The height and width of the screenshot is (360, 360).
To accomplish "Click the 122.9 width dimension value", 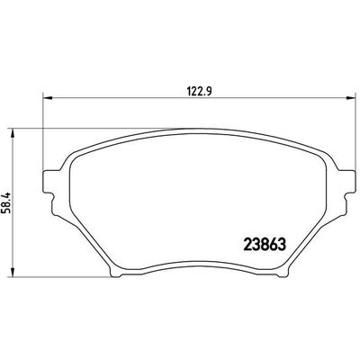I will pyautogui.click(x=187, y=89).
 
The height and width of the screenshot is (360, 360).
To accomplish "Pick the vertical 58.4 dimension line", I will pyautogui.click(x=13, y=234).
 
